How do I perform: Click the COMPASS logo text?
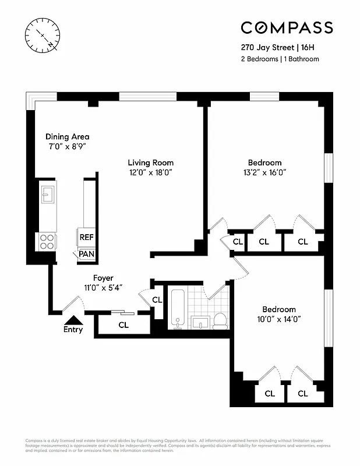[x=287, y=27]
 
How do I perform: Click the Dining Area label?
[x=68, y=137]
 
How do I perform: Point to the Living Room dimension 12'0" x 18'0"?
[x=151, y=173]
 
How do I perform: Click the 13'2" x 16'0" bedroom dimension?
[x=264, y=173]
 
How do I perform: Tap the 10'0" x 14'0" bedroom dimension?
[x=278, y=319]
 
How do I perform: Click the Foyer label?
[x=103, y=278]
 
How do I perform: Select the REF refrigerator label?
[x=86, y=238]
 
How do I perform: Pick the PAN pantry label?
[x=86, y=254]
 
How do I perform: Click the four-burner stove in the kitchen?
[x=47, y=241]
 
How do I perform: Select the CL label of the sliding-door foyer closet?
[x=123, y=325]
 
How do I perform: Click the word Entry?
[x=73, y=330]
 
